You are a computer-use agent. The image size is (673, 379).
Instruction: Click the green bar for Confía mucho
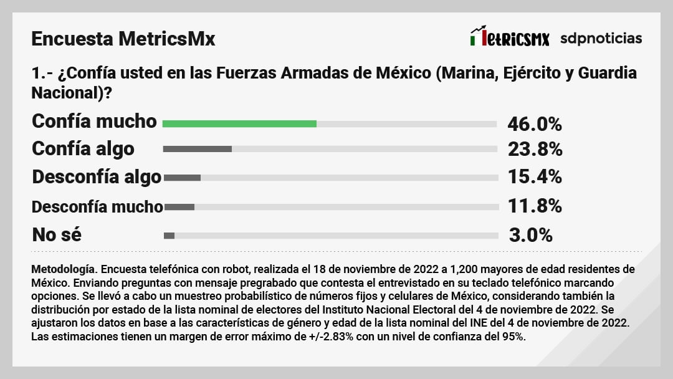(x=239, y=123)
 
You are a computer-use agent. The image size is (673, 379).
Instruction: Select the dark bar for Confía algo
(x=198, y=149)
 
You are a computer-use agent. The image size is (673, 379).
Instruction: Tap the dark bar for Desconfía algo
(x=182, y=178)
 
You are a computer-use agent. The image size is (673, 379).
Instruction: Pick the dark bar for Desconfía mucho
(x=179, y=206)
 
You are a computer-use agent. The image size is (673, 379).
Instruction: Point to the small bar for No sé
(x=169, y=236)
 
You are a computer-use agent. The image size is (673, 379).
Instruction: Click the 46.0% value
(x=535, y=124)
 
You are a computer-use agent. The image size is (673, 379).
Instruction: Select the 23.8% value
(x=535, y=150)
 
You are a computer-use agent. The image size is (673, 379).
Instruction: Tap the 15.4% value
(x=535, y=177)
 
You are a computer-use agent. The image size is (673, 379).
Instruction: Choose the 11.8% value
(x=535, y=206)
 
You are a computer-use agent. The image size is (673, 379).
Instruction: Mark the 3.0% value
(x=531, y=235)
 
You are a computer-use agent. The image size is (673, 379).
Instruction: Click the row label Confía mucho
(x=94, y=121)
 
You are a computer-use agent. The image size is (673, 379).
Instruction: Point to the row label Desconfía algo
(x=97, y=177)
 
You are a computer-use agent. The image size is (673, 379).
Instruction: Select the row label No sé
(x=57, y=235)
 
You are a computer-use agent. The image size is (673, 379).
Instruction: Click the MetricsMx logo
(x=510, y=37)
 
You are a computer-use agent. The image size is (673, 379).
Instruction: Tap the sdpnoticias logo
(x=601, y=38)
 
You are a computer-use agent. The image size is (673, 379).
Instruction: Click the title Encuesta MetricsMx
(x=123, y=39)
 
